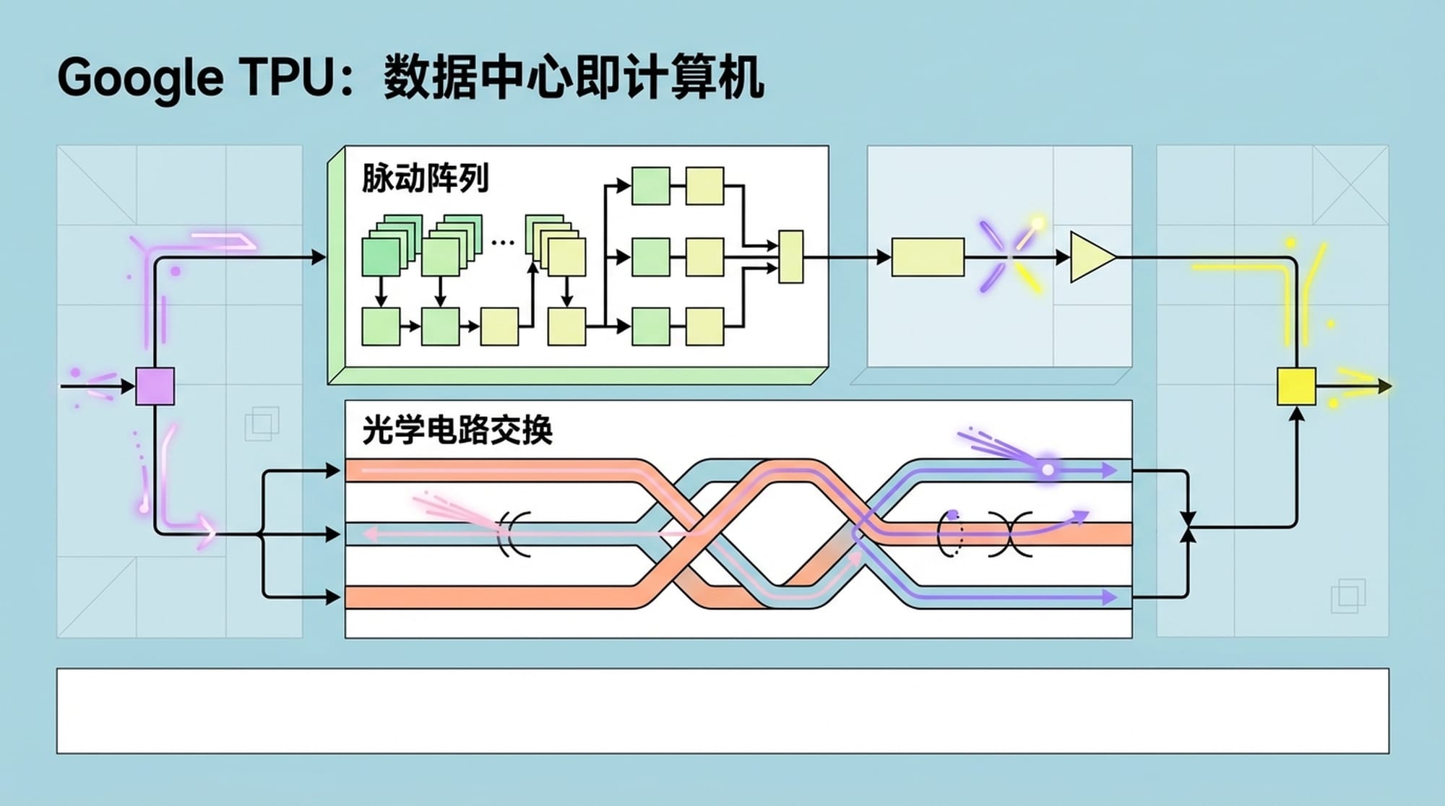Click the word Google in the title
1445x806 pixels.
point(140,77)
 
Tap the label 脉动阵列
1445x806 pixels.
point(425,178)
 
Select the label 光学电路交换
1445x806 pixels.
point(457,430)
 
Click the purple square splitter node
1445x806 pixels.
point(155,386)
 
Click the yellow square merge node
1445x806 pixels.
point(1296,386)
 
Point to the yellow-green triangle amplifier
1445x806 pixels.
point(1090,256)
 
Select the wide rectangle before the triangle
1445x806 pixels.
point(928,257)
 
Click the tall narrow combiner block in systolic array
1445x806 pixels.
point(790,256)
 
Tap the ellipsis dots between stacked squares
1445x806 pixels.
point(502,243)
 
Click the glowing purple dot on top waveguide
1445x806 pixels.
point(1048,470)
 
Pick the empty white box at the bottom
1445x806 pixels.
point(722,711)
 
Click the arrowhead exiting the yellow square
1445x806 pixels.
point(1384,386)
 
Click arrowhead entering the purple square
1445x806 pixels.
point(128,386)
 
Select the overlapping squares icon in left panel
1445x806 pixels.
point(262,423)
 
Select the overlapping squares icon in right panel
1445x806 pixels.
point(1347,596)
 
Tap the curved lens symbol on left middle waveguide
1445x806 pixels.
point(514,534)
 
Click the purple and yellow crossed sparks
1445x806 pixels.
point(1009,257)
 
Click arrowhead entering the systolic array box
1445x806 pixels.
point(319,256)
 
